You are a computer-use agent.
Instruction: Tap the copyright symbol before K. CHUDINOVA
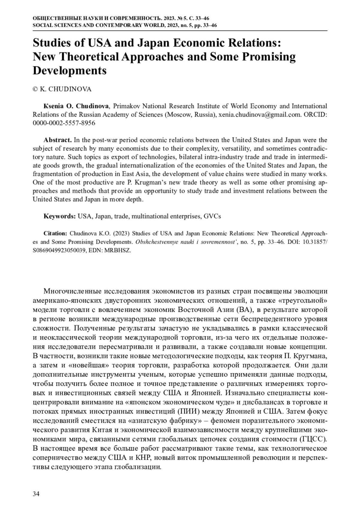click(x=35, y=89)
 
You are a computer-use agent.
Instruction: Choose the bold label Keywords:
click(x=60, y=216)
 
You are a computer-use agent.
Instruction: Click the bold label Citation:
click(x=55, y=233)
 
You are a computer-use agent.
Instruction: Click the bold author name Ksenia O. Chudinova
click(x=76, y=106)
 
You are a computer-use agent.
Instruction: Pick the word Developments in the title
click(x=70, y=71)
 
